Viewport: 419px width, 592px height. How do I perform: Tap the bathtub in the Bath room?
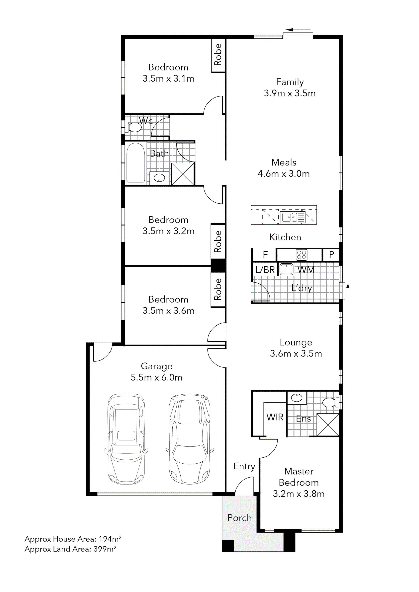tap(135, 163)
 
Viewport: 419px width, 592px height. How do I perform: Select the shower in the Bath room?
tap(183, 174)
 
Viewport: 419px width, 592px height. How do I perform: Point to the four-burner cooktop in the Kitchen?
tap(301, 255)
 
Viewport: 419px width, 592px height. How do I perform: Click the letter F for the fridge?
tap(265, 255)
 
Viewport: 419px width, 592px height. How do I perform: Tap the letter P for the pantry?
tap(332, 255)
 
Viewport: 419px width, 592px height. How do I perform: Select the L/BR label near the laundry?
tap(265, 270)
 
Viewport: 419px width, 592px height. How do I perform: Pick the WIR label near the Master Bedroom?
tap(275, 417)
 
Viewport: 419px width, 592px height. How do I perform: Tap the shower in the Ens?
tap(328, 425)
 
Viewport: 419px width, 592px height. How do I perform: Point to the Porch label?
tap(239, 518)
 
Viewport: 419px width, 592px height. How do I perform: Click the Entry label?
tap(244, 466)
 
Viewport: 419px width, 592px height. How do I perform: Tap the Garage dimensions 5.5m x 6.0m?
tap(156, 377)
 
